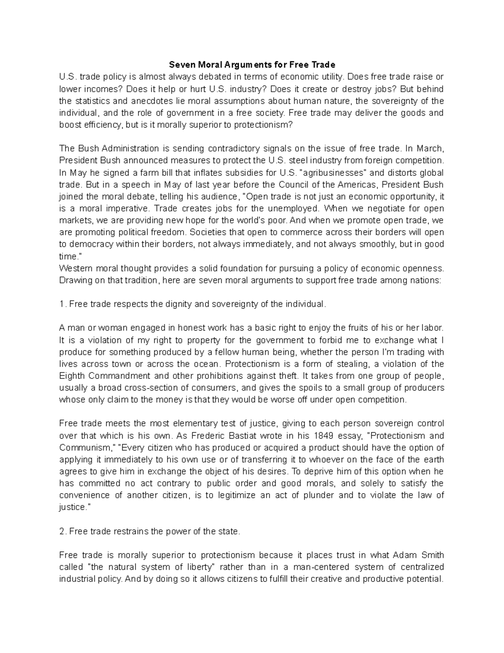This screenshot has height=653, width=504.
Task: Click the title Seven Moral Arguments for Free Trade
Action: tap(252, 65)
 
